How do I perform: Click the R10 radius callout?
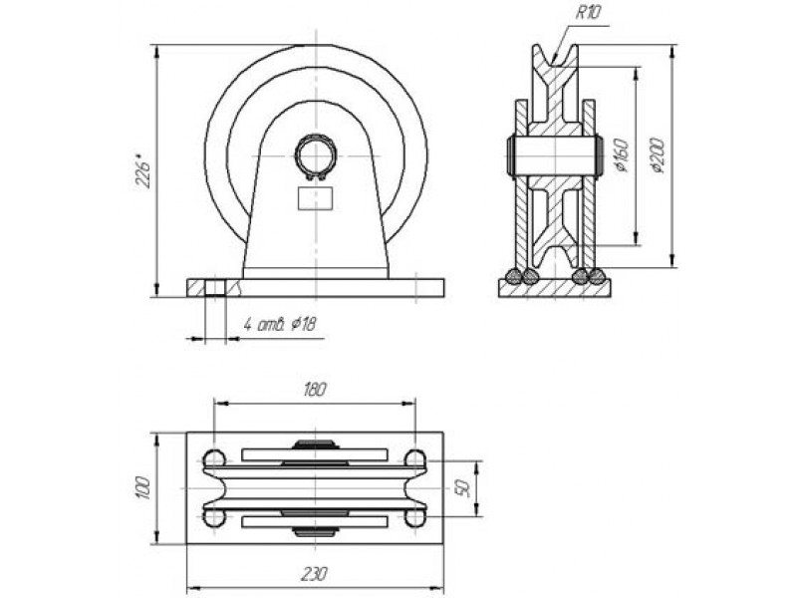(588, 12)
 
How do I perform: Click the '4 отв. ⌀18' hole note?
(280, 324)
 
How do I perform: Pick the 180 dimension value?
(315, 390)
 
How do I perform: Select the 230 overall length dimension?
(314, 574)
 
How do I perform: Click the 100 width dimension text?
(143, 488)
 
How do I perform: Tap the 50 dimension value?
(462, 488)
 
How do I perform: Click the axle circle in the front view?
(316, 156)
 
